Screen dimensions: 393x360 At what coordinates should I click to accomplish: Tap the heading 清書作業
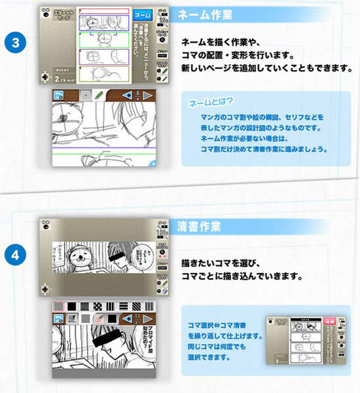coord(200,227)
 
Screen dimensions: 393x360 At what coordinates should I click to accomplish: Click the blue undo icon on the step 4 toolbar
coord(58,319)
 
